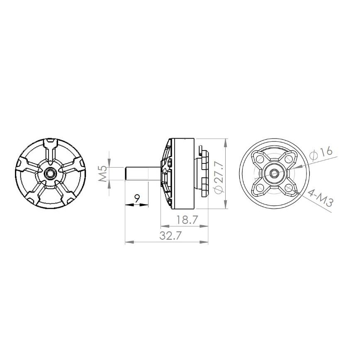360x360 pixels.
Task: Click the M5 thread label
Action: coord(103,174)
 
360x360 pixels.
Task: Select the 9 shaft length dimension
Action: coord(137,198)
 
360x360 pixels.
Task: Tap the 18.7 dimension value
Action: coord(187,220)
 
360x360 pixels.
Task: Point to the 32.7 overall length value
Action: coord(170,236)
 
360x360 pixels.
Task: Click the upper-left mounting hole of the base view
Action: coord(260,159)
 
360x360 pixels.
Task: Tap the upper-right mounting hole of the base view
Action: coord(288,159)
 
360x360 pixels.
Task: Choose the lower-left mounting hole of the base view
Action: coord(260,188)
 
